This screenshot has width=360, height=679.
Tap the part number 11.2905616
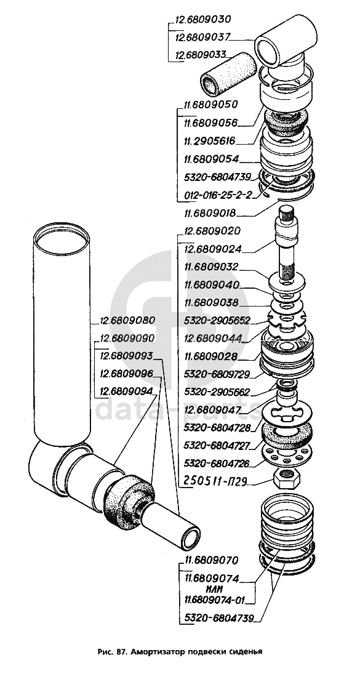pos(209,141)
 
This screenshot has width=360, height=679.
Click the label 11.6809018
pos(211,213)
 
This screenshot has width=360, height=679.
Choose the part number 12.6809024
pos(212,249)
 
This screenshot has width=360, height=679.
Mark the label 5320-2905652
pos(217,321)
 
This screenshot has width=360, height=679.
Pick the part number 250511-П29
pos(215,481)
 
